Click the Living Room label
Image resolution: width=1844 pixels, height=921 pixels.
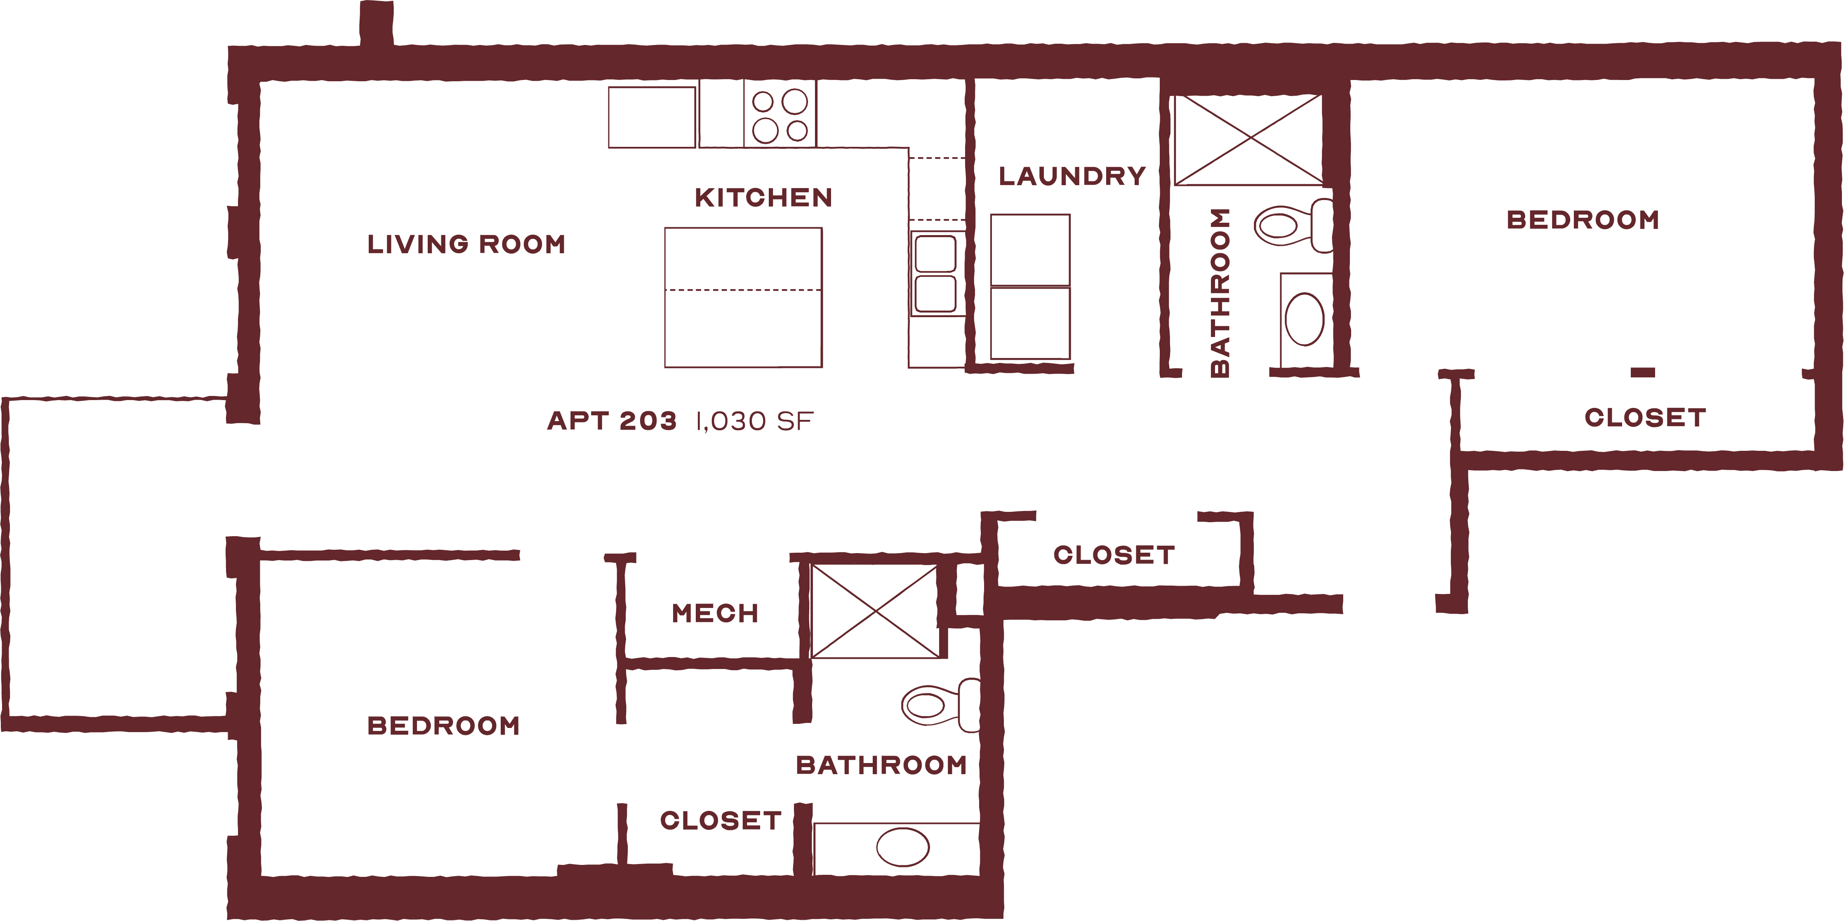pyautogui.click(x=466, y=244)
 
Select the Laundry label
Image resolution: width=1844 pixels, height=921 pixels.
pyautogui.click(x=1072, y=176)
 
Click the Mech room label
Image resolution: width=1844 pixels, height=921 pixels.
pyautogui.click(x=714, y=613)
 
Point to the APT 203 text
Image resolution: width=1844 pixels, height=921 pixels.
pyautogui.click(x=612, y=421)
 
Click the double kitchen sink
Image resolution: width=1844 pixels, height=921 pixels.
pyautogui.click(x=935, y=273)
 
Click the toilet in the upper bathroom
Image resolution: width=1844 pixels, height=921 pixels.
pyautogui.click(x=1293, y=226)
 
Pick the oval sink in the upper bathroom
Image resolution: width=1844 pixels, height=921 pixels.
pyautogui.click(x=1304, y=319)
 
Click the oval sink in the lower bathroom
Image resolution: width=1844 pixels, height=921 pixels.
pyautogui.click(x=903, y=847)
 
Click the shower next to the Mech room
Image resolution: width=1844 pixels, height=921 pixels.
pyautogui.click(x=875, y=611)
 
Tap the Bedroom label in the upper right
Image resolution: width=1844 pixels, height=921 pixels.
pyautogui.click(x=1583, y=220)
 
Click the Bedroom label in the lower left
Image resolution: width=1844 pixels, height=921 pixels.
pyautogui.click(x=443, y=725)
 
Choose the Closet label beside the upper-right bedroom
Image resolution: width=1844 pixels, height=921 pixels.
pyautogui.click(x=1645, y=418)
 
